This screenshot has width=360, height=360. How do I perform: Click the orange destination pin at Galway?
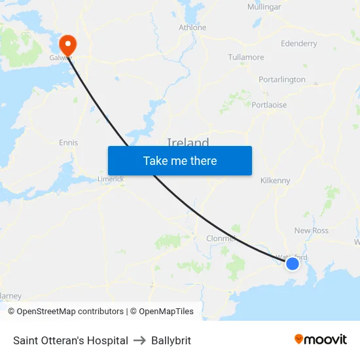point(67,44)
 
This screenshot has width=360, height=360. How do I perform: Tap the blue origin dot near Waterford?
point(293,263)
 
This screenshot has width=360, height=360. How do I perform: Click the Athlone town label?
point(192,27)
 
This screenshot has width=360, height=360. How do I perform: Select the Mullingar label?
point(264,7)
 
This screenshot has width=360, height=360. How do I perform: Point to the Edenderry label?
point(298,44)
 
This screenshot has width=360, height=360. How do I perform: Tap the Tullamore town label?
point(246,58)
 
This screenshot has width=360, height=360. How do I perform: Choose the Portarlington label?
point(281,80)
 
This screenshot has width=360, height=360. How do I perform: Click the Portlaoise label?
point(269,105)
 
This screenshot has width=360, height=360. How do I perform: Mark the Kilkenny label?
point(275,181)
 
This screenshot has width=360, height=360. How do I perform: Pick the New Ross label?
point(312,230)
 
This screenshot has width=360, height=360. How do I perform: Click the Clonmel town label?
point(221,238)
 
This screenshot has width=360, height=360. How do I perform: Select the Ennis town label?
point(68,143)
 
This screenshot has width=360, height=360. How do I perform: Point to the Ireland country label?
point(188,143)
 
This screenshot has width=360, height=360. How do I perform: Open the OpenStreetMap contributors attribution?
point(70,312)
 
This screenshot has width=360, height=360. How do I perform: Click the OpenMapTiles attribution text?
point(166,312)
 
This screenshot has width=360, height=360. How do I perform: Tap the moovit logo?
point(321,340)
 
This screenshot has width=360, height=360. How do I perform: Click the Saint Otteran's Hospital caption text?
point(71,340)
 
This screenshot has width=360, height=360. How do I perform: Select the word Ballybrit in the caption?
point(171,340)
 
